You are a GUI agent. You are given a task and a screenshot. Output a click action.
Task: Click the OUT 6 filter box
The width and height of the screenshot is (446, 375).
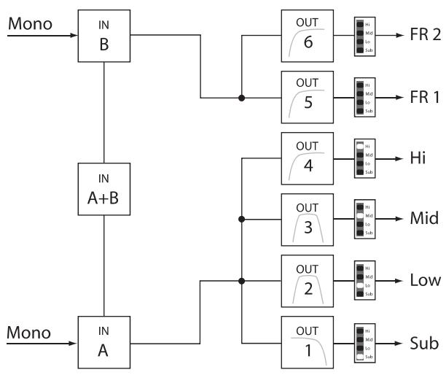pos(307,35)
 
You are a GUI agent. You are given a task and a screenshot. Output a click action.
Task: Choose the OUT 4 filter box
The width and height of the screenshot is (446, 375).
pos(307,158)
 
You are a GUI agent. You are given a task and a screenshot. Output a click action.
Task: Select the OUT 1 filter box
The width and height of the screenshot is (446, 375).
pos(307,342)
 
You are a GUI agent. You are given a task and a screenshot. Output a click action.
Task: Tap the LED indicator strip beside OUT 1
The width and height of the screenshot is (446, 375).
pos(360,342)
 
